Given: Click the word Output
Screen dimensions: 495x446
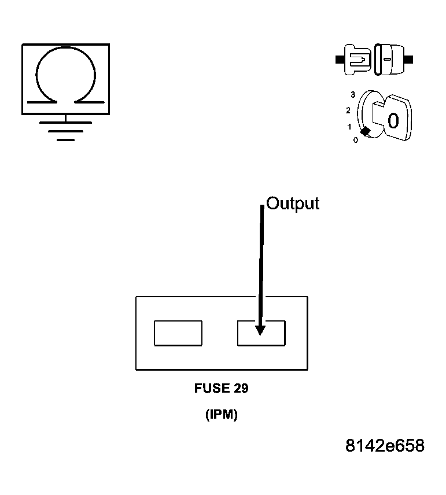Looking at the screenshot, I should [x=293, y=204].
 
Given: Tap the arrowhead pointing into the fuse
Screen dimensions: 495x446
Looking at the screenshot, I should [x=260, y=330].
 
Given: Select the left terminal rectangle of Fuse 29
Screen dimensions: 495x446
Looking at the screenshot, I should [x=178, y=333].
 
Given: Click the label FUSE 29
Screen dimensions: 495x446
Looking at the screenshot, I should [x=221, y=389].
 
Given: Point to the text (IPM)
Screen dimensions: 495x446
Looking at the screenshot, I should [x=221, y=415].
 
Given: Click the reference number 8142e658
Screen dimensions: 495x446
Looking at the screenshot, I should [x=385, y=446].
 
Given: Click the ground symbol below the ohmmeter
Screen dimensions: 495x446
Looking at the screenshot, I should [x=65, y=131].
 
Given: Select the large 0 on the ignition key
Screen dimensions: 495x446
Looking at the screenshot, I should [x=393, y=121].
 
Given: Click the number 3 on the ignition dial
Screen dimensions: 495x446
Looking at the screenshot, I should [x=352, y=94].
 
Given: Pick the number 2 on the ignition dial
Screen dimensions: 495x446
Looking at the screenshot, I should [x=348, y=110].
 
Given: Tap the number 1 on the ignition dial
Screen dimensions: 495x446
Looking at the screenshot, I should [x=349, y=127].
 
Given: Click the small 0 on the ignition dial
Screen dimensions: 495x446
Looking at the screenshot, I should [x=355, y=139].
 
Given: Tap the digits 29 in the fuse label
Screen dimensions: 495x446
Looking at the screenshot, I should [x=241, y=389].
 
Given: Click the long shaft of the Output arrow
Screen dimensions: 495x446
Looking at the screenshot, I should [x=261, y=260].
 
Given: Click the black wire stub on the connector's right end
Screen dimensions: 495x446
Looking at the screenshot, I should [x=409, y=60].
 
